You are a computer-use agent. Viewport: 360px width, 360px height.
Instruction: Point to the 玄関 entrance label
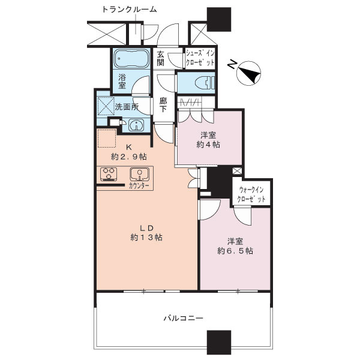(x=161, y=57)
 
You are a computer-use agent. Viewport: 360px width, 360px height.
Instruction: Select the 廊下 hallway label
(x=163, y=106)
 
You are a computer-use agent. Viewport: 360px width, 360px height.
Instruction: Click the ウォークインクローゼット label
(x=252, y=194)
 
